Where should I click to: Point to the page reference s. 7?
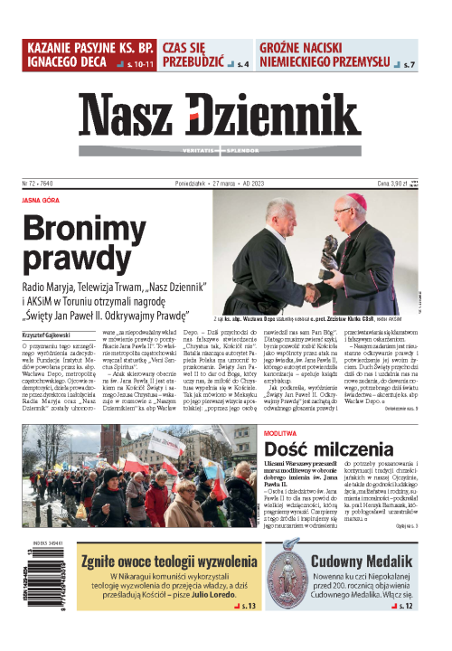point(409,66)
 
